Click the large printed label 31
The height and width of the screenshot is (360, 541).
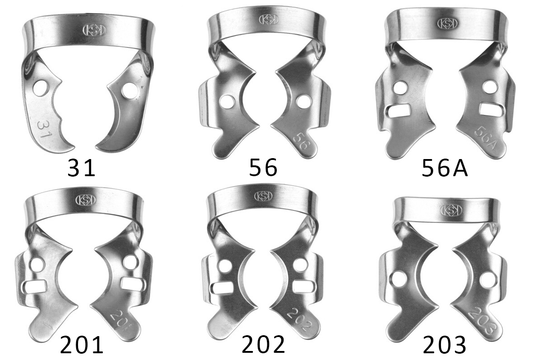[82, 168]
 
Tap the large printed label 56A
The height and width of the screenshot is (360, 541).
[445, 168]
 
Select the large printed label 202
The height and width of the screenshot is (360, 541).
[263, 345]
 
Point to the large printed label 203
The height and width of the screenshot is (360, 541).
[445, 345]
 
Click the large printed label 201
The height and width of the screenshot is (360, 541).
[82, 345]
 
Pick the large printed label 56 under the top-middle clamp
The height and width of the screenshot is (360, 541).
[263, 168]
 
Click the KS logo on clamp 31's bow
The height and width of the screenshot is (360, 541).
[94, 30]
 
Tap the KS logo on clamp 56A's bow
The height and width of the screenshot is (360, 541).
[448, 23]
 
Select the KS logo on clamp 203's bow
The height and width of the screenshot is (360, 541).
[451, 210]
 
